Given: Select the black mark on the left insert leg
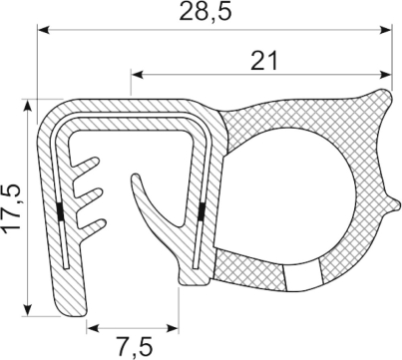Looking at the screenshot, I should coord(61,212).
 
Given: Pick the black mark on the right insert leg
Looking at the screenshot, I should coord(200,210).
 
